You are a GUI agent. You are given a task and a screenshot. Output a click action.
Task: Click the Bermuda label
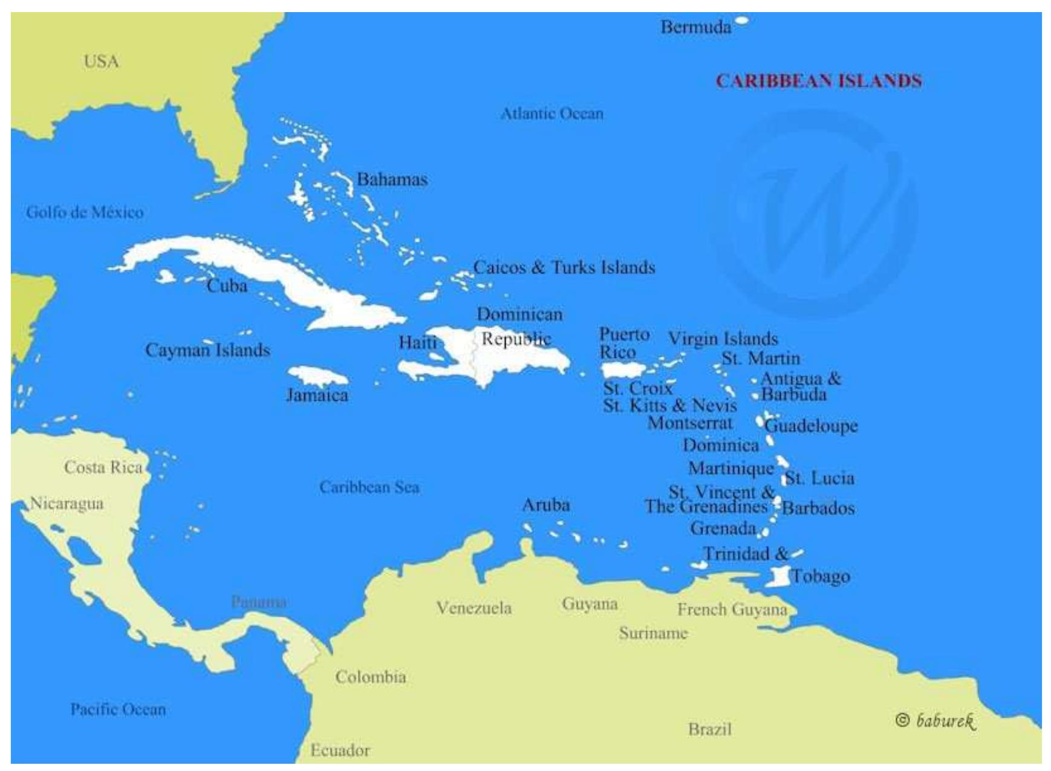click(x=695, y=27)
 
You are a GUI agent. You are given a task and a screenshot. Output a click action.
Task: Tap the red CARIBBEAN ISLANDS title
click(x=819, y=81)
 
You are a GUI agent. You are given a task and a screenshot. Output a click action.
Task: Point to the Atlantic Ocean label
click(x=552, y=114)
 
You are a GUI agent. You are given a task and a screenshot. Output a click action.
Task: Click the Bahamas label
click(x=392, y=180)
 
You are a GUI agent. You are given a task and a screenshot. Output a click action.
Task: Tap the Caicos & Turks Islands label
click(x=564, y=267)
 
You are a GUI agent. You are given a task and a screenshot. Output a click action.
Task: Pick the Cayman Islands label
click(x=207, y=350)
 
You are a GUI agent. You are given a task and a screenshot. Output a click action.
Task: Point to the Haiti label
click(x=417, y=342)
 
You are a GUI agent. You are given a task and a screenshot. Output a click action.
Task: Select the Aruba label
click(x=545, y=505)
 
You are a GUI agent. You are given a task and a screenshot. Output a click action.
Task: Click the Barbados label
click(x=818, y=508)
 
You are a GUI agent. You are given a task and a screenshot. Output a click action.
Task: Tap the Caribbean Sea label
click(x=369, y=487)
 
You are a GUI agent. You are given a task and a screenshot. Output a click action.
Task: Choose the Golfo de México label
click(x=85, y=212)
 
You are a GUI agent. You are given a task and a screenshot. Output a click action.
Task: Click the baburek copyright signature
click(x=936, y=720)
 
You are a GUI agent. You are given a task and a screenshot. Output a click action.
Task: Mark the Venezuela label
click(x=474, y=608)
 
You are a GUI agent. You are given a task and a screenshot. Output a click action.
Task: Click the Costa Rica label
click(x=103, y=467)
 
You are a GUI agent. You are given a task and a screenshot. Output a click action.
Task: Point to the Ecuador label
click(x=340, y=750)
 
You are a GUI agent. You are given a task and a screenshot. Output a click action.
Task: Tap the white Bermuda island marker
click(x=741, y=21)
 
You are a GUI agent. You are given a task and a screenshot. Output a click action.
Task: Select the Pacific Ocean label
click(x=118, y=709)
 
